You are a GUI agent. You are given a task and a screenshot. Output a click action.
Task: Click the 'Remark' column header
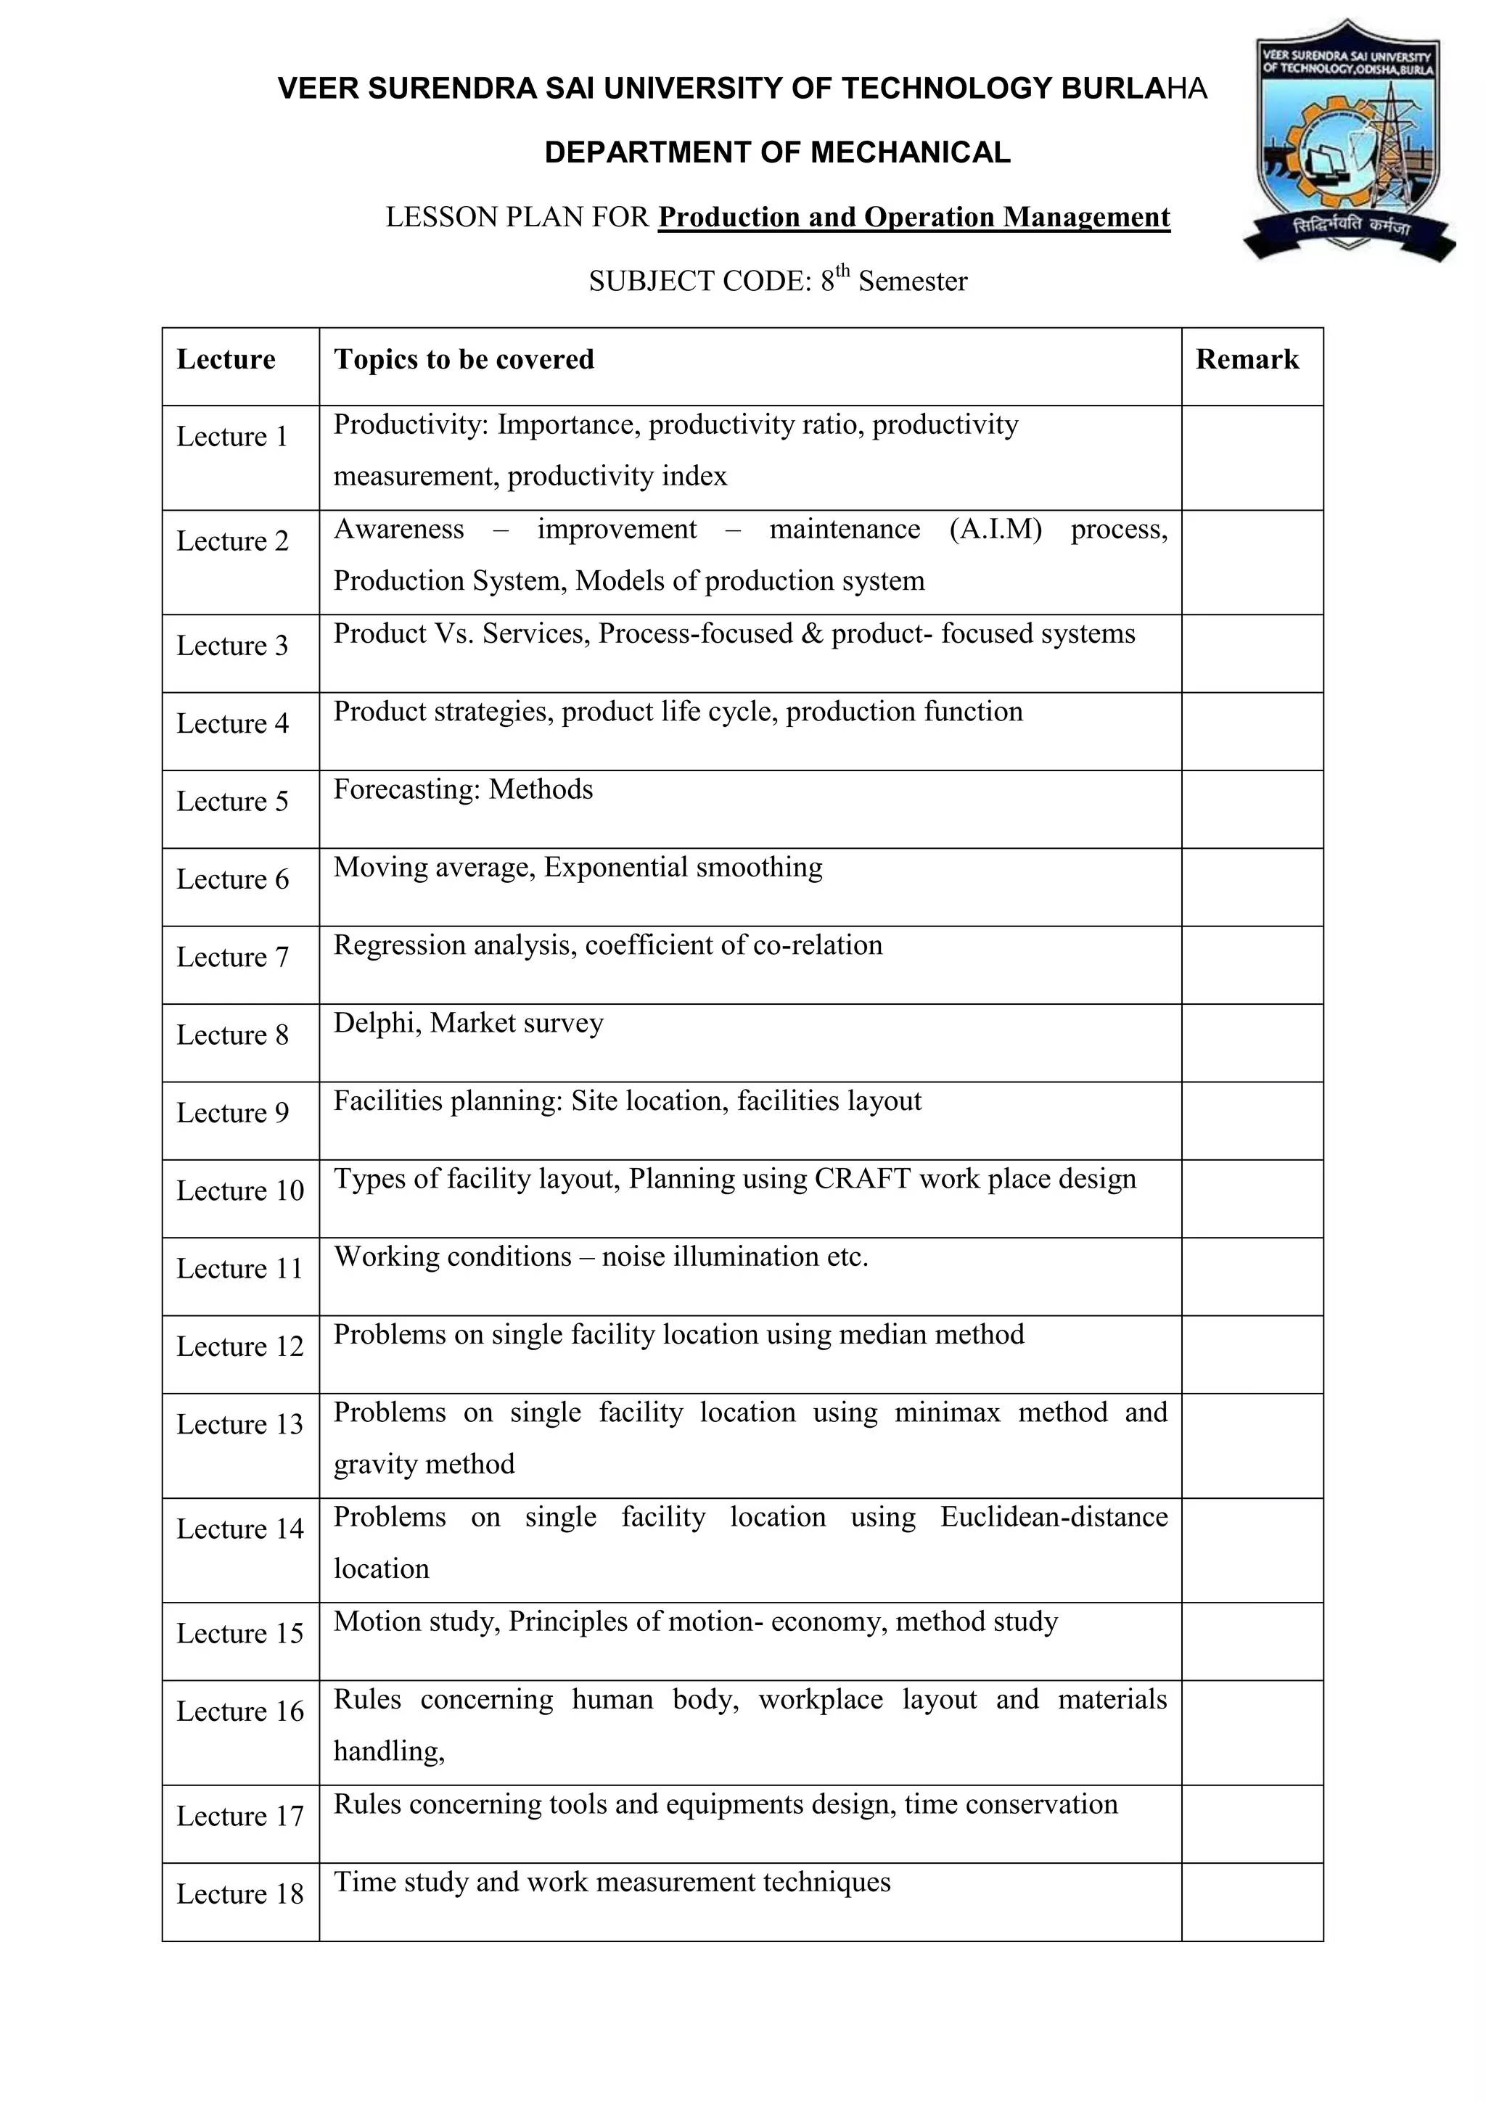[1247, 360]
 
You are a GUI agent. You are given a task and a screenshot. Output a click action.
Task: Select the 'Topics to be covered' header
[463, 360]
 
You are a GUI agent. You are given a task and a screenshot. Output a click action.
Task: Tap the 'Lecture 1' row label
[231, 437]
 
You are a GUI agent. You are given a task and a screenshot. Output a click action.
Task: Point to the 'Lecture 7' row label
[231, 957]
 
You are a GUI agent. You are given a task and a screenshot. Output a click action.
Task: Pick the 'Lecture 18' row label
[239, 1894]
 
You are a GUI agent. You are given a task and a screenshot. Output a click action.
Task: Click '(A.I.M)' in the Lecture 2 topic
[996, 530]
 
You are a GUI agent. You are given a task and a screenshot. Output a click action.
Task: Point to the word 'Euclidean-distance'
[1054, 1517]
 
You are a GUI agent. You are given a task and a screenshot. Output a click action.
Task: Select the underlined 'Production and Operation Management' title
[914, 218]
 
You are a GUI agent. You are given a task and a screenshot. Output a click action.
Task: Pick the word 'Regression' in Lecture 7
[400, 945]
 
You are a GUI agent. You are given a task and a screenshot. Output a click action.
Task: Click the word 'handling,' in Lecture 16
[389, 1751]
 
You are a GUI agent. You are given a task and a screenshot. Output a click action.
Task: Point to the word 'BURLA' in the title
[1112, 89]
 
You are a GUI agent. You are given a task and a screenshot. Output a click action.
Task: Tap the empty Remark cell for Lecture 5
[1251, 809]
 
